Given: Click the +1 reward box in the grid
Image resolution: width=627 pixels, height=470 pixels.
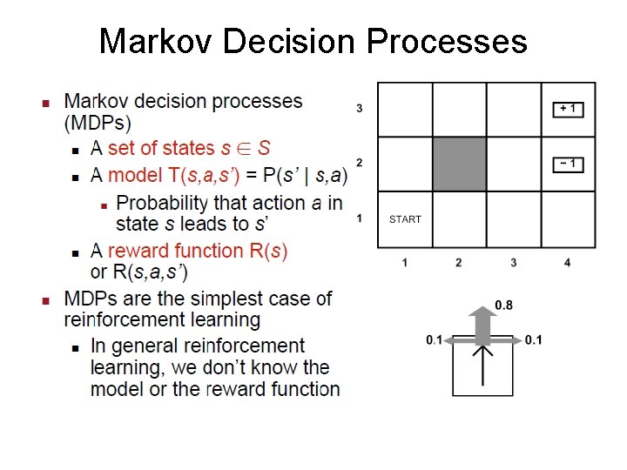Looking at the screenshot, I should [568, 109].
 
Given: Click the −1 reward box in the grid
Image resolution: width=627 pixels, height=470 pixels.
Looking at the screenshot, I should [568, 164].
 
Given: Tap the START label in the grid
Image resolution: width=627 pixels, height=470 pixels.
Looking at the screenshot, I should [405, 219].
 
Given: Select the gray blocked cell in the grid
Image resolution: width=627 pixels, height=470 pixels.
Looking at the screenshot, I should [459, 164].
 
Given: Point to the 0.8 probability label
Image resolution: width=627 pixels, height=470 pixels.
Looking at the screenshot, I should [503, 305].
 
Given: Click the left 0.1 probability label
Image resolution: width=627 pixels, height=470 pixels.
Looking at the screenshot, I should [435, 339].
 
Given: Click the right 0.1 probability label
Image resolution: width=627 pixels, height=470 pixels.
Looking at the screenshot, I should [534, 339].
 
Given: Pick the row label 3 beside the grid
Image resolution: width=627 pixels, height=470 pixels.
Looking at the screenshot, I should [360, 109].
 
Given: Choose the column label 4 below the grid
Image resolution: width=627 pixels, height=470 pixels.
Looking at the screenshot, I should [568, 262].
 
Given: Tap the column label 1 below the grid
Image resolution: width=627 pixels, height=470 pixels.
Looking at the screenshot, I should [405, 262].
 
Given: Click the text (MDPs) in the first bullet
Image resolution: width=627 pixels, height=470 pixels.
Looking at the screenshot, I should [98, 123].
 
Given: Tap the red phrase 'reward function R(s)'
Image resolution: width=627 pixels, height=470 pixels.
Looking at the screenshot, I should [198, 251].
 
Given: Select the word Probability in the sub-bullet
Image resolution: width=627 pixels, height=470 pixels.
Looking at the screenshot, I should [163, 203].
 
